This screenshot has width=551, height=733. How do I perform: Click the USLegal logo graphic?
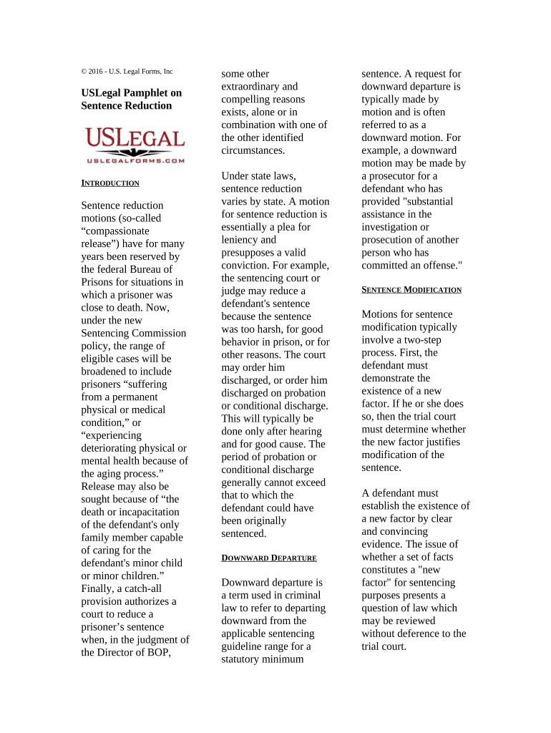click(x=135, y=141)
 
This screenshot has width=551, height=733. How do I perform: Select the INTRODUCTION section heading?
click(x=110, y=183)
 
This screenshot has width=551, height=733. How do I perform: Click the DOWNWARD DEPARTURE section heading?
click(x=269, y=558)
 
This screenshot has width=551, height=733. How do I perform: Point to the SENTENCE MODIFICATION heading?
click(x=411, y=290)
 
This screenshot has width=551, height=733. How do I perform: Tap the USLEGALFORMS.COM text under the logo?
click(x=135, y=161)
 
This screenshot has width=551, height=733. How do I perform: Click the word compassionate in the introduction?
click(x=115, y=231)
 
